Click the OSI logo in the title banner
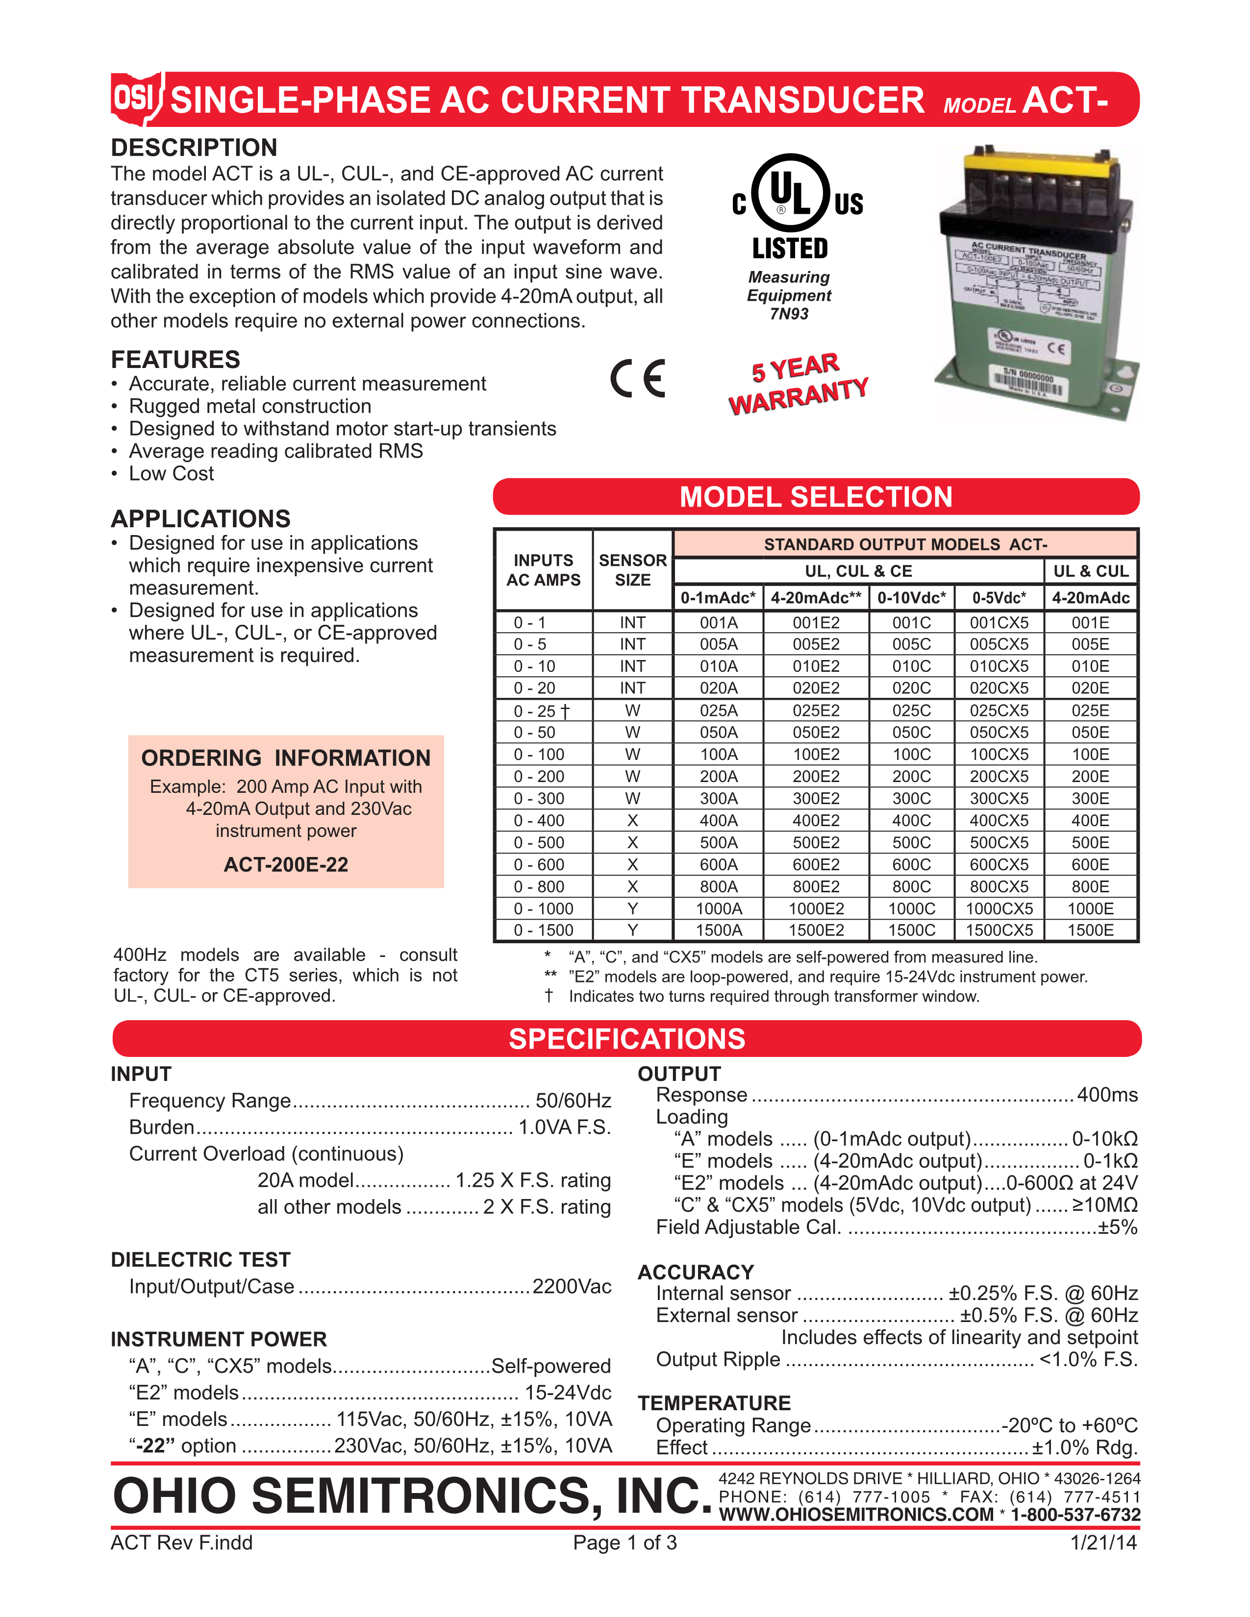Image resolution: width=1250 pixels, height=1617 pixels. tap(135, 98)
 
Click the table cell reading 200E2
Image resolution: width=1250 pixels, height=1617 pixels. tap(816, 777)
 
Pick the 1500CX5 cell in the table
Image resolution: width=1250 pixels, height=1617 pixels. tap(999, 931)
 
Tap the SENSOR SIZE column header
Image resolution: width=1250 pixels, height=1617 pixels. tap(632, 570)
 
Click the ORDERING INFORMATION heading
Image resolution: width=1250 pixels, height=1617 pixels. tap(286, 758)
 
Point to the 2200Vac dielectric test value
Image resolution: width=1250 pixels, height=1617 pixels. tap(572, 1287)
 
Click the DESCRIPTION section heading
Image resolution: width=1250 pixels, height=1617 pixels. tap(194, 147)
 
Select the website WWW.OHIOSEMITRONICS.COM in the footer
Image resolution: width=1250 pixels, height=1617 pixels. tap(856, 1515)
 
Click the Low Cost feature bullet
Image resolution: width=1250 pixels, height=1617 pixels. tap(171, 474)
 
